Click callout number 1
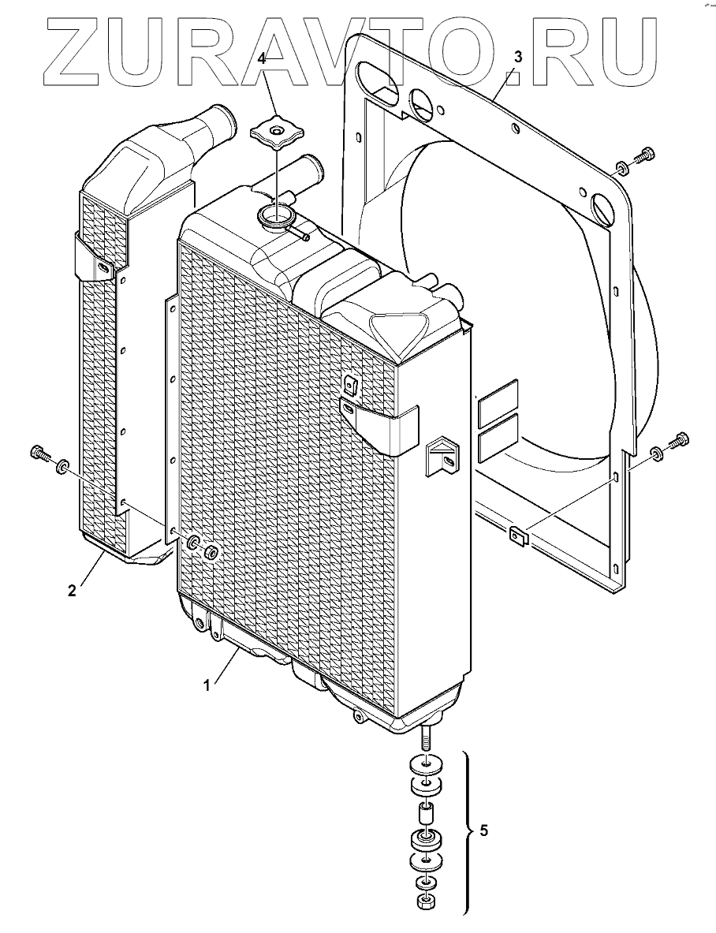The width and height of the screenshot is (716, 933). click(207, 686)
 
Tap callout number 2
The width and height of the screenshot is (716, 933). click(72, 591)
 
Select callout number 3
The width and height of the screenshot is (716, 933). click(517, 57)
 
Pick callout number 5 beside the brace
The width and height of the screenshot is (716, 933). click(484, 831)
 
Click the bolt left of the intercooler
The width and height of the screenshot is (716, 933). click(39, 453)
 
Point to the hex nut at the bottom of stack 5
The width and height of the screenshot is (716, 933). click(426, 901)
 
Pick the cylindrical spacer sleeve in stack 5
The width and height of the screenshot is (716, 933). click(426, 812)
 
